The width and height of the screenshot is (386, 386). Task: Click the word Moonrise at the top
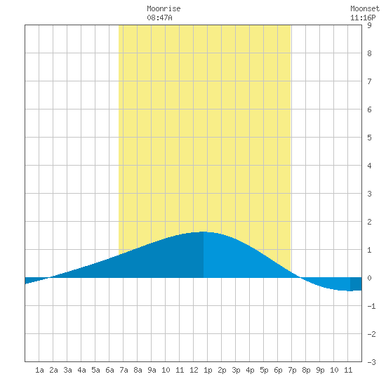[164, 8]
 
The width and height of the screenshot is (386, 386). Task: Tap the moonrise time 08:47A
[159, 18]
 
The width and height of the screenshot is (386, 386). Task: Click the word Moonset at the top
[365, 8]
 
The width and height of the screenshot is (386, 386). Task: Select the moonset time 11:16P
[363, 18]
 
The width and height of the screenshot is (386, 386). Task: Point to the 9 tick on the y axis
[369, 25]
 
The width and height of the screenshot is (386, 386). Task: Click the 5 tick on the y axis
[369, 138]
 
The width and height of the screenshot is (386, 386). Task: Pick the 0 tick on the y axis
[369, 278]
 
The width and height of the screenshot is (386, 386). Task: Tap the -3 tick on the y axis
[371, 362]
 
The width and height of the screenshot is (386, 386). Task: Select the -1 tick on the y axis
[371, 306]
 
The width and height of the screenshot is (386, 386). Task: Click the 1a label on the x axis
[39, 370]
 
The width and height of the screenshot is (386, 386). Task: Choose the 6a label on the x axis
[109, 370]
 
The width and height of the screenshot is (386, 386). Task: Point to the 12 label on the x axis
[194, 370]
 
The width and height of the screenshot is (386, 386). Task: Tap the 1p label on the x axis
[208, 370]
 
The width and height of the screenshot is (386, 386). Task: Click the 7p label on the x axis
[292, 370]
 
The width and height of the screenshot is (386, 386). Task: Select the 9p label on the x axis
[320, 370]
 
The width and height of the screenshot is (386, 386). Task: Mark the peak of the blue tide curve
[204, 232]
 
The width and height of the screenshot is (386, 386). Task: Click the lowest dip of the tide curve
[350, 291]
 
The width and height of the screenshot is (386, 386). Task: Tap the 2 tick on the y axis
[369, 222]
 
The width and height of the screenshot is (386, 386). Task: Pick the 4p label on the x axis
[250, 370]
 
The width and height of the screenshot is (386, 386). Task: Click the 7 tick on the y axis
[369, 81]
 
